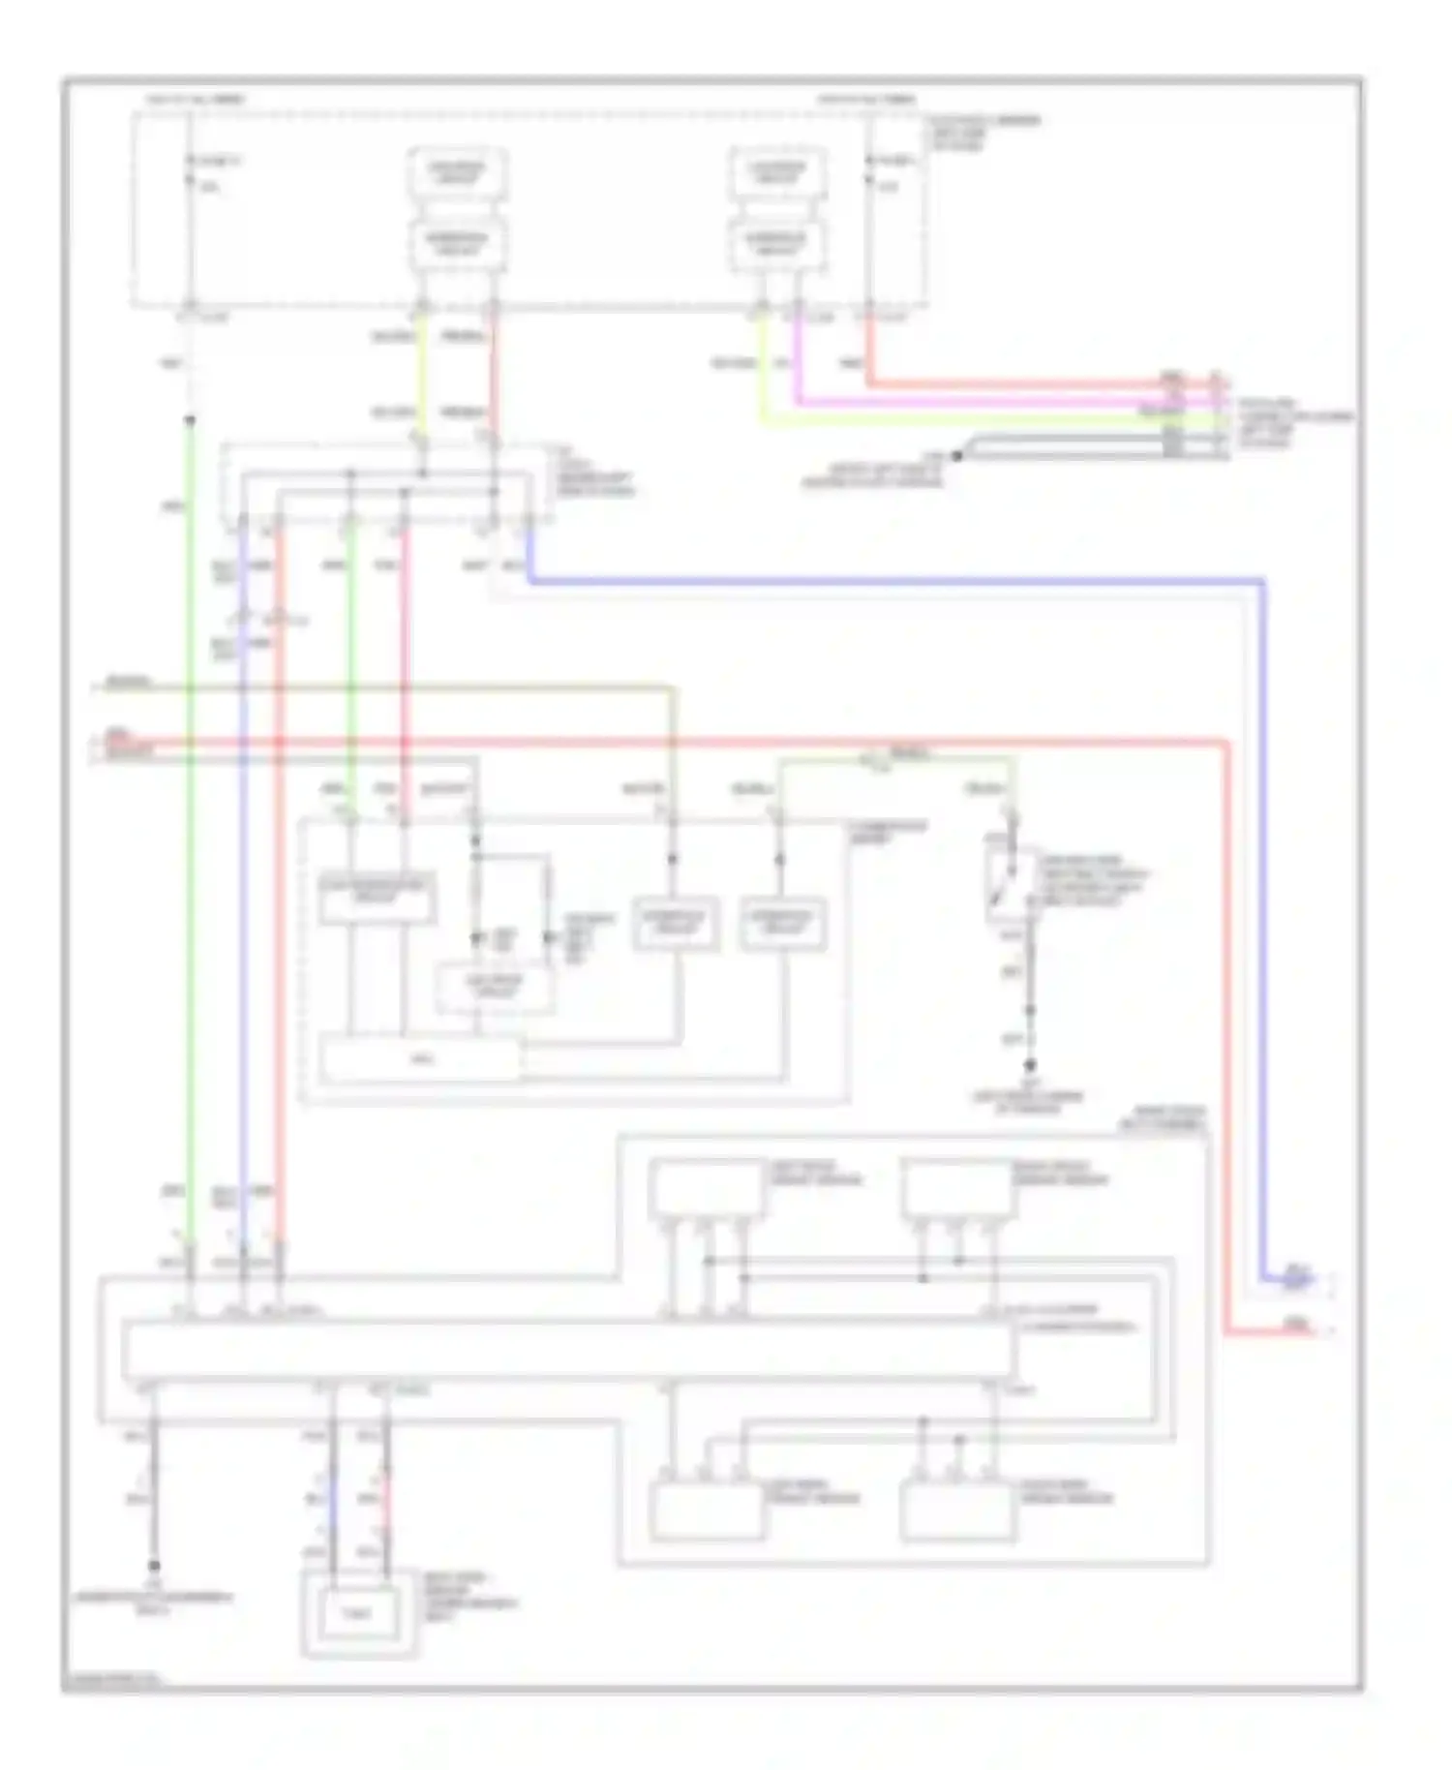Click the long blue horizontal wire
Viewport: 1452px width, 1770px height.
(x=891, y=582)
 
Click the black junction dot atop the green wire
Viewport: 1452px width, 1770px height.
(x=191, y=420)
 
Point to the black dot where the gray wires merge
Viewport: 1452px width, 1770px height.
(x=956, y=455)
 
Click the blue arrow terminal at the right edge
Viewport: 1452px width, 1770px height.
(x=1297, y=1279)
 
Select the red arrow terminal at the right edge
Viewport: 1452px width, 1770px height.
(x=1297, y=1331)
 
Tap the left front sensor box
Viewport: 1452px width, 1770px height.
(x=708, y=1187)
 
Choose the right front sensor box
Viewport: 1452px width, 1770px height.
(x=958, y=1187)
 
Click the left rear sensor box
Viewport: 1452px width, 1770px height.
(x=708, y=1511)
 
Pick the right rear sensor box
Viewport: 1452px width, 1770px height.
(x=958, y=1511)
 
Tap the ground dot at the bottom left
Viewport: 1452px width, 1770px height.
(x=154, y=1565)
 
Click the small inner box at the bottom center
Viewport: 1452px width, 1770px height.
(x=357, y=1613)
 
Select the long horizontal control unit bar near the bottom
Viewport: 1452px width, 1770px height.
(x=569, y=1349)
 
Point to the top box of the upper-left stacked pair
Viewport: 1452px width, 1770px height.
(x=458, y=172)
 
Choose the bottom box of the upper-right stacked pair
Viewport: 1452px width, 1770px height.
(x=776, y=244)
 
